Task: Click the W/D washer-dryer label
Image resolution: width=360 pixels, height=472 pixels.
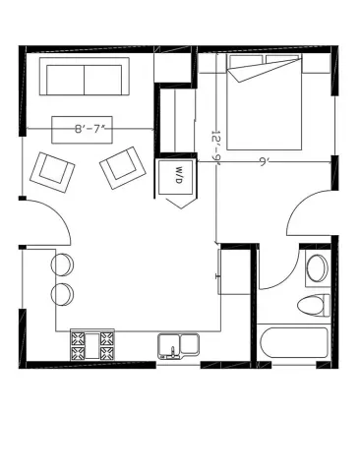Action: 179,175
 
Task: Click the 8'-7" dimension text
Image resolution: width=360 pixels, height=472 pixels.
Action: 90,129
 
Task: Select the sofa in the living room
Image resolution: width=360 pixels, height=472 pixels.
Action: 85,77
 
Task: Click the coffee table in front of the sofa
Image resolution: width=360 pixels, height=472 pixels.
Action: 82,130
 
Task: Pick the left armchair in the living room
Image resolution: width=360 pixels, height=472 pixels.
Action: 52,173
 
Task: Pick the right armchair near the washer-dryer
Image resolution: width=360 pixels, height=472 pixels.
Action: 123,167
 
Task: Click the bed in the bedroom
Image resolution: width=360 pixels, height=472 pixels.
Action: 265,102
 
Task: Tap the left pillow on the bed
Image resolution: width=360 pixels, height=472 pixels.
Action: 246,61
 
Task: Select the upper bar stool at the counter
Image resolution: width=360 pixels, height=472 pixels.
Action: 62,265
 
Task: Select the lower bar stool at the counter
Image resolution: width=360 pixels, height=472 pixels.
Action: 62,294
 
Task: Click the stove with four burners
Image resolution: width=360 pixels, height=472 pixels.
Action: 92,345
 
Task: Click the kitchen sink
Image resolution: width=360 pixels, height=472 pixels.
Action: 179,346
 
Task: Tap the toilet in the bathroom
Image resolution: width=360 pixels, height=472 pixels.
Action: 314,305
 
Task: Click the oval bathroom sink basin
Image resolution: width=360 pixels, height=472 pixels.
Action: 318,268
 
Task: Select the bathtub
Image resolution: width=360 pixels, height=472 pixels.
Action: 294,343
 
